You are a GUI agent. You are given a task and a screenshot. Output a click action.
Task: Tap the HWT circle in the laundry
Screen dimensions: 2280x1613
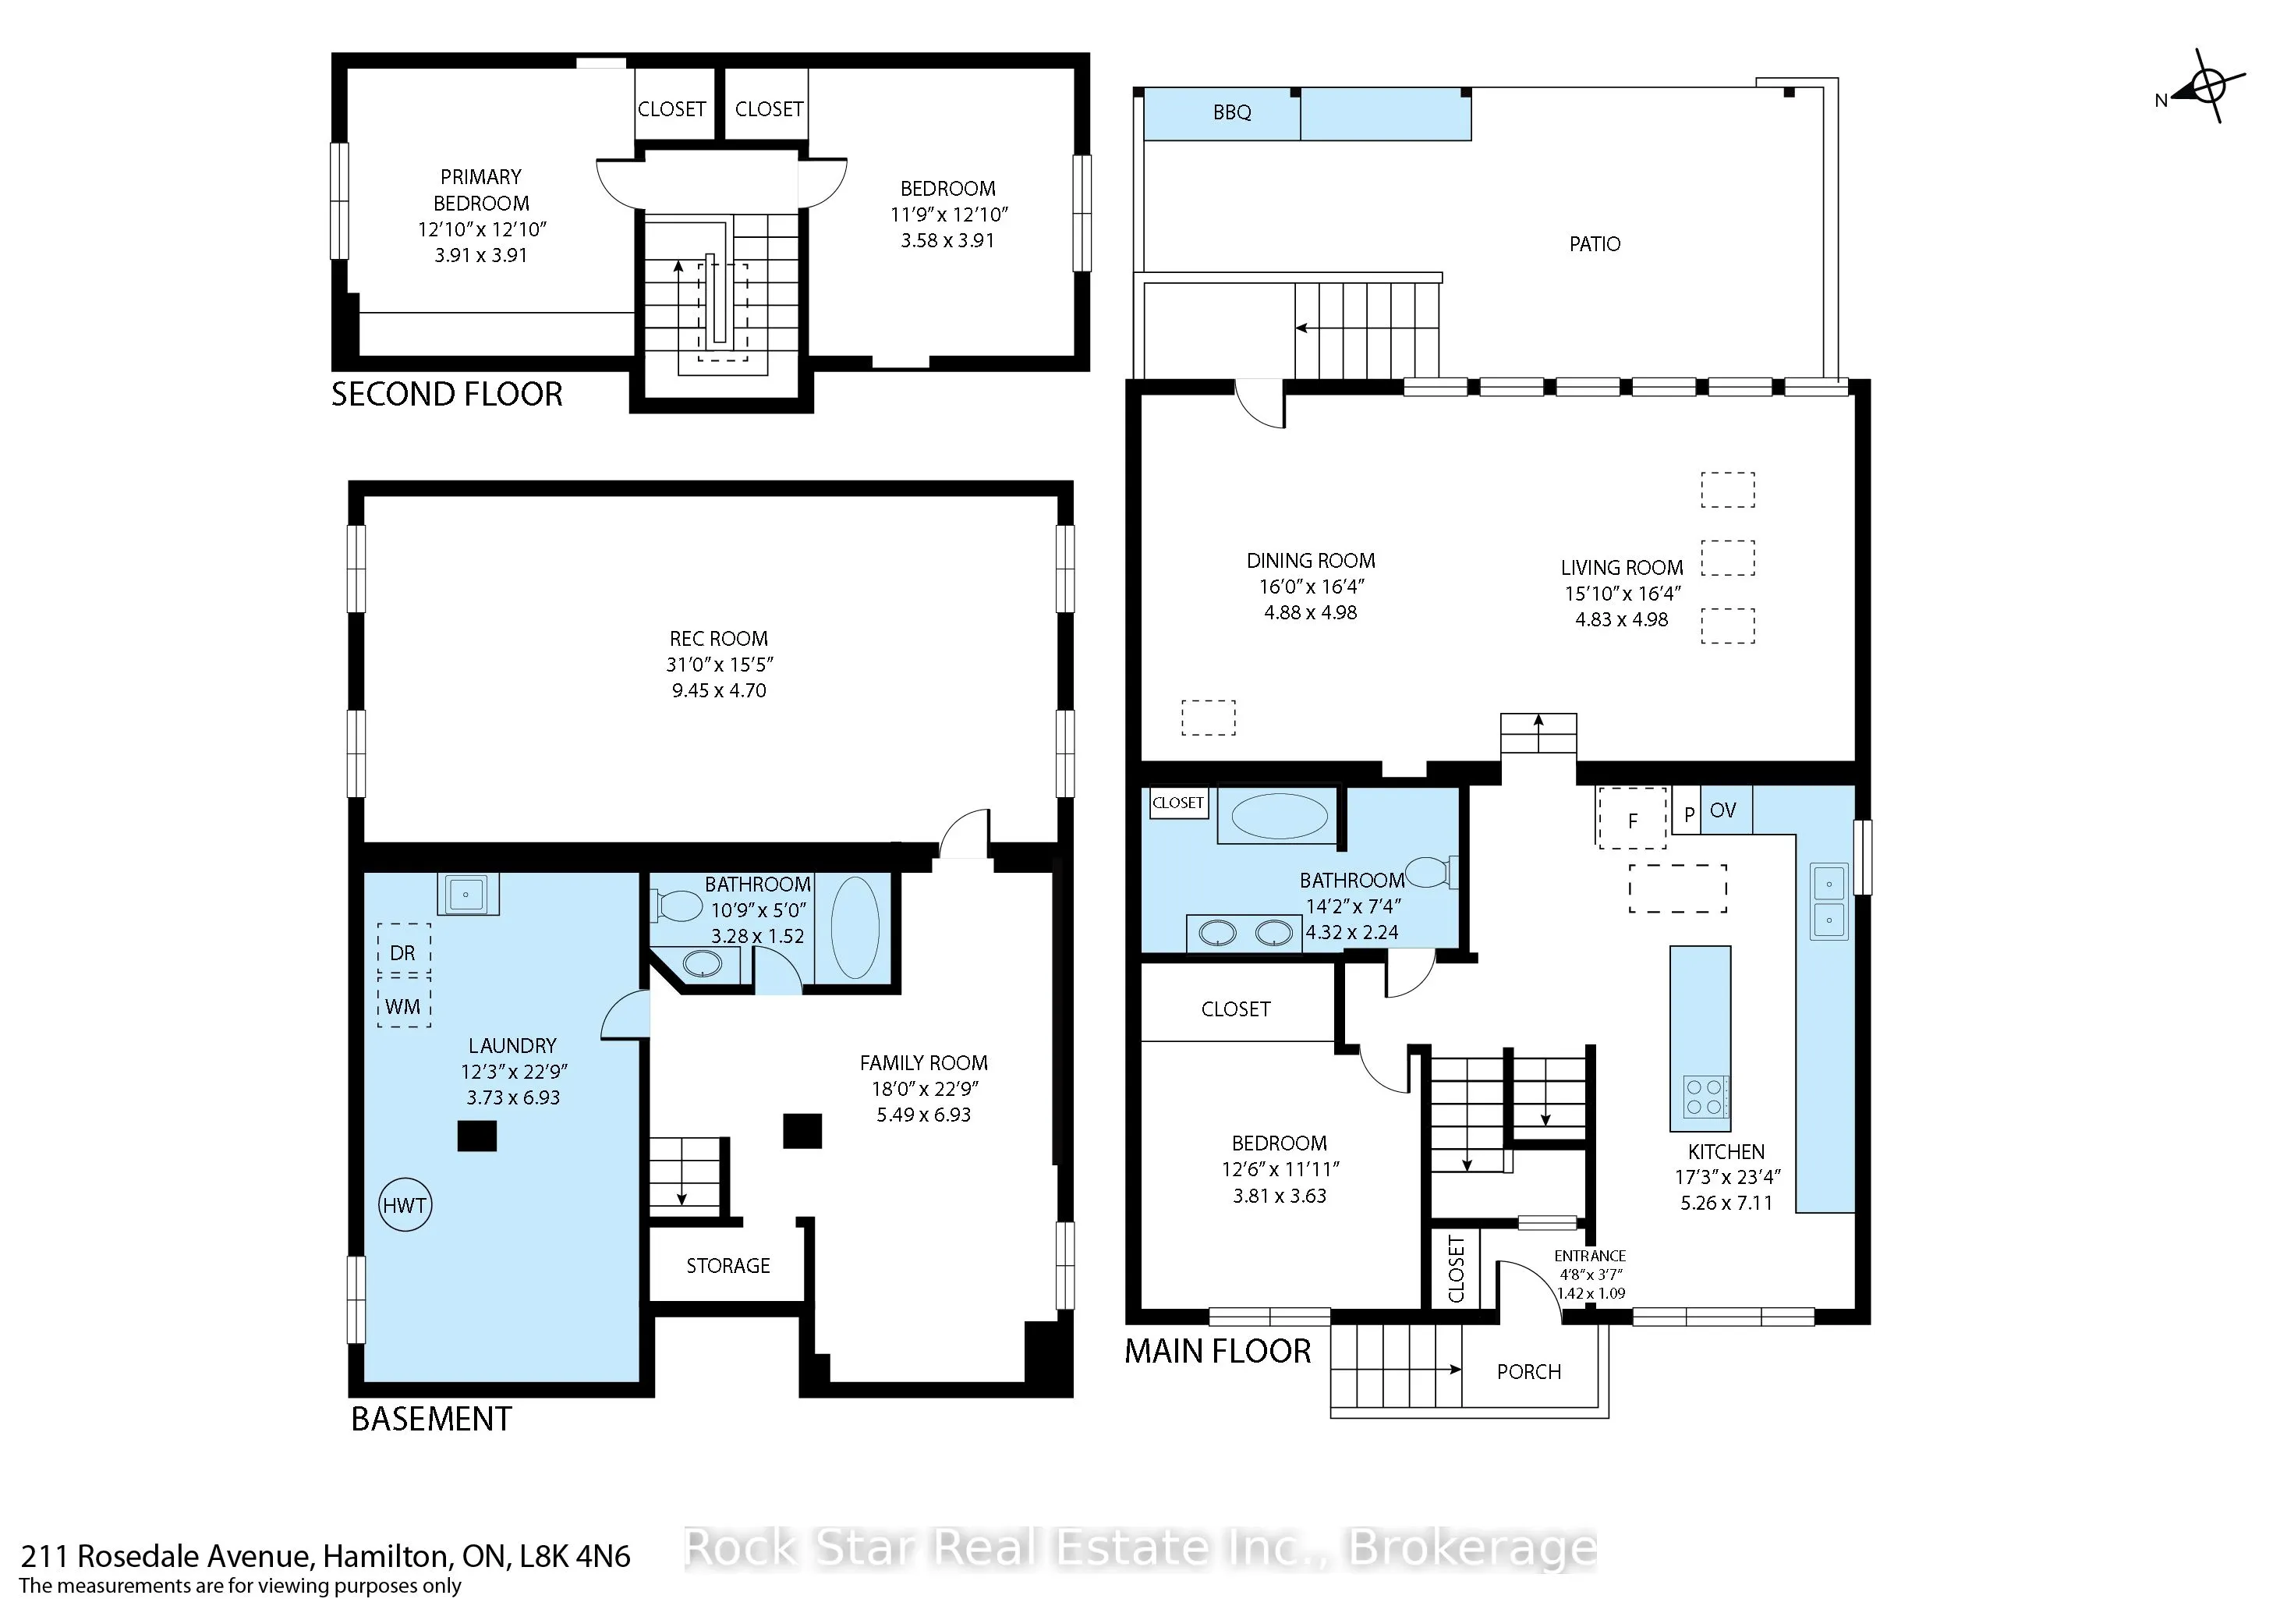click(x=405, y=1206)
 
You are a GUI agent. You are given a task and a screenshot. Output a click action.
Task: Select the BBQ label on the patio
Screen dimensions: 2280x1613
click(x=1232, y=112)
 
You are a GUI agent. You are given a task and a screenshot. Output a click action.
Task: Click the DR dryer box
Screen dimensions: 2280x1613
click(x=403, y=951)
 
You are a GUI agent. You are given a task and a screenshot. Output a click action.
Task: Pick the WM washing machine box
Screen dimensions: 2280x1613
click(x=403, y=1004)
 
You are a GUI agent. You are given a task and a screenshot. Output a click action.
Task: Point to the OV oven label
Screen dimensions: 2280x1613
click(x=1723, y=810)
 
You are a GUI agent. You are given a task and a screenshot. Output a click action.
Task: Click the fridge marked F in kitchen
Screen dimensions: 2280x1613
click(x=1631, y=818)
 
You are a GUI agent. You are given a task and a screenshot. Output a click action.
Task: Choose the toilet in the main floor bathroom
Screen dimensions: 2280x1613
click(x=1433, y=871)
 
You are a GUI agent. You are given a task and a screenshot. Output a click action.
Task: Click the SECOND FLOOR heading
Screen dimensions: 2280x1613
click(x=447, y=395)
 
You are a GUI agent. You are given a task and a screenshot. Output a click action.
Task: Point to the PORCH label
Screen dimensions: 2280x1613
click(x=1529, y=1372)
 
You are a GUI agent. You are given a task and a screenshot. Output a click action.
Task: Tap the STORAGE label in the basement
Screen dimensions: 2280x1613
click(x=728, y=1265)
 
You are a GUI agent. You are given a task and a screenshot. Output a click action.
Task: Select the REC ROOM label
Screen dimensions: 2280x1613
click(x=719, y=639)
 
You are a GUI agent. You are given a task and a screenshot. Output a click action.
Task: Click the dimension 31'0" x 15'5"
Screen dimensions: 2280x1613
click(x=719, y=665)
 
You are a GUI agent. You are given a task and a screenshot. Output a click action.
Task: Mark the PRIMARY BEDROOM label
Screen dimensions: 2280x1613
click(x=482, y=190)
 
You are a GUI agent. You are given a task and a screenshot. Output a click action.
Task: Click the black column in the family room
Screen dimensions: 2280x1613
click(x=802, y=1131)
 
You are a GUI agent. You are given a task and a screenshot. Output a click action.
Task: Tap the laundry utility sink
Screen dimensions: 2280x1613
click(x=468, y=894)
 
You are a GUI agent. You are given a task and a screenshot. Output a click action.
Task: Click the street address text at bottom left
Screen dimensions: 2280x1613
click(x=326, y=1555)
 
